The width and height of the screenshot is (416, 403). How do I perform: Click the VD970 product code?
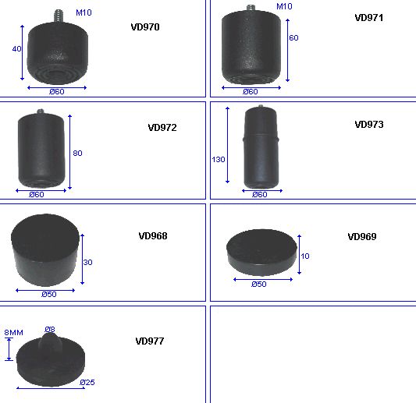(x=145, y=27)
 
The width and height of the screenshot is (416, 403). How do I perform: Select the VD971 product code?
(x=369, y=18)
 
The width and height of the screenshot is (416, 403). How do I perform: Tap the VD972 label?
(x=162, y=128)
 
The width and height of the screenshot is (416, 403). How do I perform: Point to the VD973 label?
(x=369, y=125)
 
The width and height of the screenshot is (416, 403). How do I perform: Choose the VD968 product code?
(x=153, y=236)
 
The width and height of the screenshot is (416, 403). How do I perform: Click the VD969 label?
(x=362, y=237)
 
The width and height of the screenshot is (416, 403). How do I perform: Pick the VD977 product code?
(x=150, y=341)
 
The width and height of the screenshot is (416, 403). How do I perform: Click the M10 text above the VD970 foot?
(x=84, y=12)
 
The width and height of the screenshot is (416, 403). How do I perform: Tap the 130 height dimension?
(x=219, y=160)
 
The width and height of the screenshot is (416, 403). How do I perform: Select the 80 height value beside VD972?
(x=77, y=153)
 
